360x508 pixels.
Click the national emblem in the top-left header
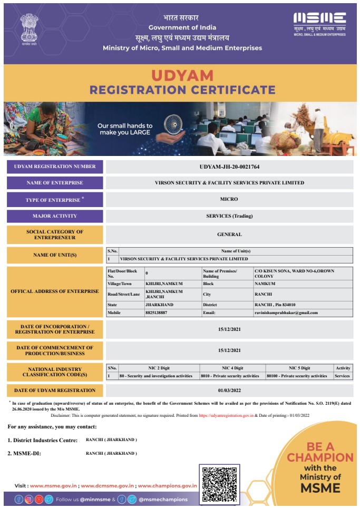coord(30,28)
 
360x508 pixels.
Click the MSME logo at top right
coord(319,22)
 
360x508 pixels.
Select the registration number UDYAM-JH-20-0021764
coord(229,167)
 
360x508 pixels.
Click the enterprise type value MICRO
coord(229,199)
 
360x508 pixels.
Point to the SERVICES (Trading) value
coord(229,216)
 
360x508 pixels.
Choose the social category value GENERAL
coord(229,235)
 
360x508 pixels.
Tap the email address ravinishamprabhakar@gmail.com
coord(286,312)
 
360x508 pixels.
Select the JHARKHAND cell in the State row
coord(159,305)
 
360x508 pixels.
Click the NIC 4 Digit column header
coord(232,368)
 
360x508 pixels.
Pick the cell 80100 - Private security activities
coord(299,376)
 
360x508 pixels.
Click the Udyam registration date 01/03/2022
coord(229,390)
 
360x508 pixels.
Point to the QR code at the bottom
coord(219,484)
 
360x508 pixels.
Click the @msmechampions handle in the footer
coord(163,499)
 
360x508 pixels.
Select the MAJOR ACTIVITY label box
coord(55,216)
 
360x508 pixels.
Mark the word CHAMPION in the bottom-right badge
coord(320,457)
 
